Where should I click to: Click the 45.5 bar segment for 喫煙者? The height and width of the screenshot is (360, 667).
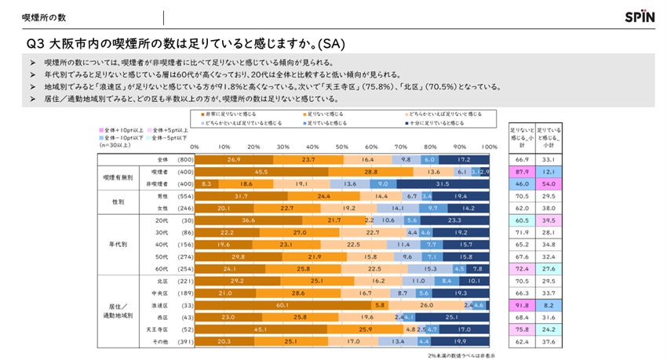(x=261, y=171)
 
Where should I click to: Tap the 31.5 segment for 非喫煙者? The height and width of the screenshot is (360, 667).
(x=443, y=183)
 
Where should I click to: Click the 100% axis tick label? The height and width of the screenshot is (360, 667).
(x=490, y=147)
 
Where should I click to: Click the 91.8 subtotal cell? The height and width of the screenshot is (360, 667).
(x=521, y=304)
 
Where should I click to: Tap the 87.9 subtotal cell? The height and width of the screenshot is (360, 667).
(x=521, y=171)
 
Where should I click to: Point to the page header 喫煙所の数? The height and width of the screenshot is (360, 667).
(x=38, y=16)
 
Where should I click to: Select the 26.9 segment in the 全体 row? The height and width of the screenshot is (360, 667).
(x=233, y=158)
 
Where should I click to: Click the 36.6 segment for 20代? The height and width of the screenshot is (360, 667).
(x=248, y=220)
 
